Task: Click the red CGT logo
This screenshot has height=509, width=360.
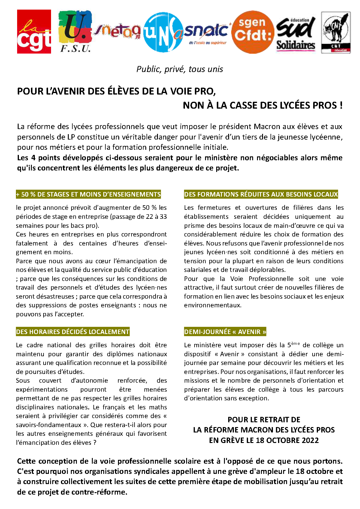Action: [x=34, y=32]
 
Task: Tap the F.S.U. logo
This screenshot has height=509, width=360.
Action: [x=75, y=32]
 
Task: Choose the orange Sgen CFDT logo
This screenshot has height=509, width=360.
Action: [x=253, y=32]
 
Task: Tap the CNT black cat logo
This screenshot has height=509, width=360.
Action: [x=336, y=32]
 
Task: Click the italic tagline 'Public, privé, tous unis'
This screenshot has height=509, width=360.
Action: [x=180, y=69]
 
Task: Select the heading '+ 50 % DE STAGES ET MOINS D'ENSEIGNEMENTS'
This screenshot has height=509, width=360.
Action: [x=89, y=194]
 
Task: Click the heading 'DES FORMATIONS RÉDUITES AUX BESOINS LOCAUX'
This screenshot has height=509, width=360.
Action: [x=261, y=194]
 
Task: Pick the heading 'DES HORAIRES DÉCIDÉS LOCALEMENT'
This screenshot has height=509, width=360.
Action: [x=73, y=332]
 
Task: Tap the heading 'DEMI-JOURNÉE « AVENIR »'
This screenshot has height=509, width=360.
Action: [x=225, y=332]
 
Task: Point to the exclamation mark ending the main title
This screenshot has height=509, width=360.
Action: [x=341, y=105]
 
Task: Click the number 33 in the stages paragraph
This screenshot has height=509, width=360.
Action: [x=163, y=217]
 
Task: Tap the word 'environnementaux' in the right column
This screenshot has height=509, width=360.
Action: [x=213, y=305]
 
